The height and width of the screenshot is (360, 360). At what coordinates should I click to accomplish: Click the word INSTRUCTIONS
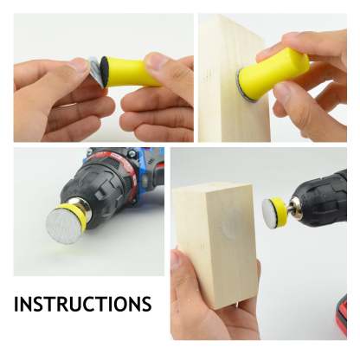(x=82, y=305)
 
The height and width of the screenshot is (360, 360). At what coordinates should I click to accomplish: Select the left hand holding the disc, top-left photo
(x=52, y=95)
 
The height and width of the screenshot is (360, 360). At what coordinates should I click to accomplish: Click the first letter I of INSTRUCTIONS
(x=17, y=305)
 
